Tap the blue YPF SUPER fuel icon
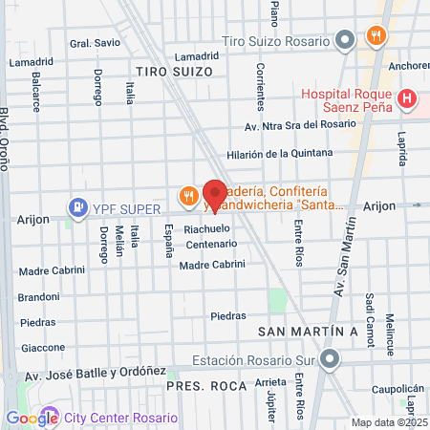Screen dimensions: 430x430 75,206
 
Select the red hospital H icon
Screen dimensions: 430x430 408,97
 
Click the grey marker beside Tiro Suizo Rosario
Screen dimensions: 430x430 346,39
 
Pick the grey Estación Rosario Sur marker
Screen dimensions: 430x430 331,360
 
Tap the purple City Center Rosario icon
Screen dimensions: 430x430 49,418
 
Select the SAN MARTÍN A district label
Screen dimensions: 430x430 308,331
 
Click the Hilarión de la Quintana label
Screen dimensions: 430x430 280,153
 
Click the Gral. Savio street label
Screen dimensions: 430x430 94,43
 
